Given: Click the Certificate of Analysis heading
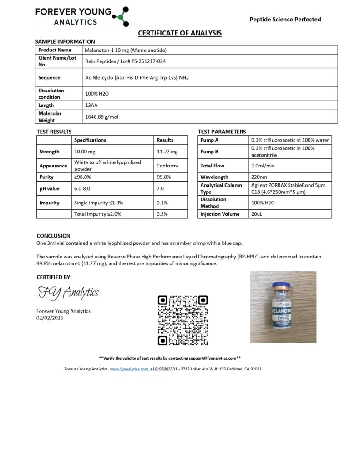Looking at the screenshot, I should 180,33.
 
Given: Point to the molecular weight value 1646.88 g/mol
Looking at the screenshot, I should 101,117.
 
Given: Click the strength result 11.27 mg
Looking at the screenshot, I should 167,152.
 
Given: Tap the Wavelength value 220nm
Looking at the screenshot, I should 259,177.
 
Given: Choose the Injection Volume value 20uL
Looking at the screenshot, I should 257,213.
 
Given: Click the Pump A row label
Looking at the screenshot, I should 210,140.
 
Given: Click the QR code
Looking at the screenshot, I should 183,320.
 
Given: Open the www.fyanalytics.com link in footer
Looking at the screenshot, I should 129,369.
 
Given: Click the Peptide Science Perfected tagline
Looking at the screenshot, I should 285,19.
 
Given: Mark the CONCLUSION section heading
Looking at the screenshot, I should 53,236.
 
